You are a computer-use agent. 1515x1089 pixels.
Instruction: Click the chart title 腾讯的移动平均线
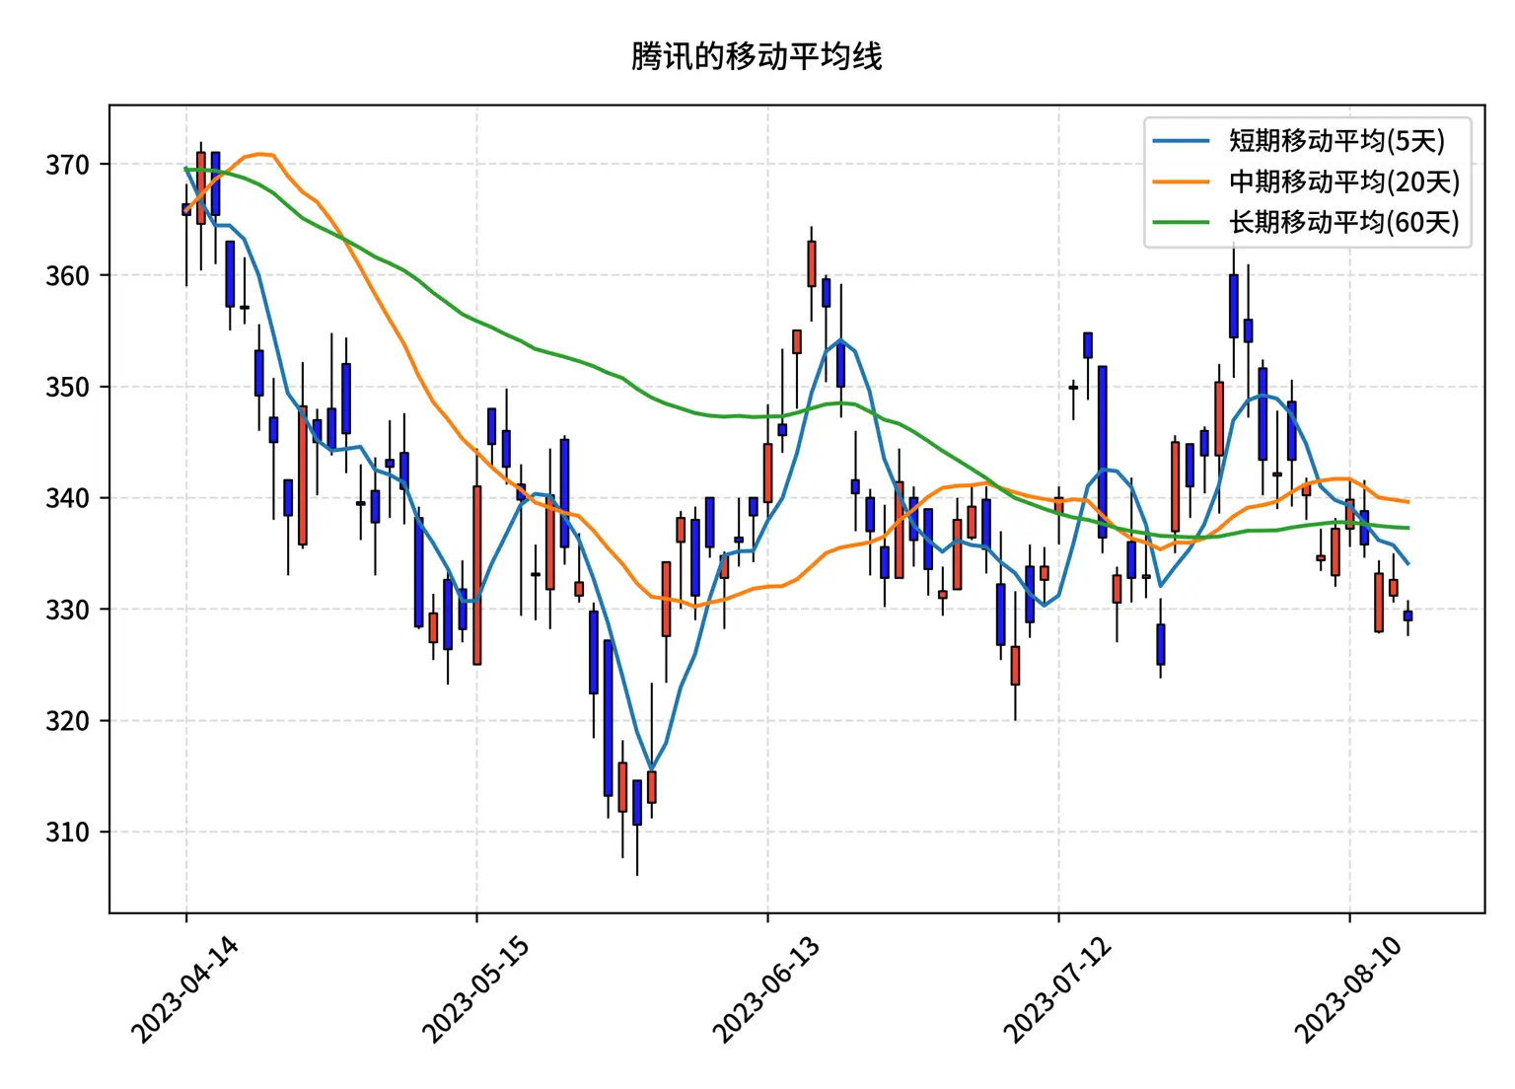(x=757, y=56)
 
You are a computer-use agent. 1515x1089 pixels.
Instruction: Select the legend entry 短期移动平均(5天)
(x=1336, y=141)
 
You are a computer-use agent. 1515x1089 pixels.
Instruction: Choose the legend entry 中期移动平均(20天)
(x=1343, y=181)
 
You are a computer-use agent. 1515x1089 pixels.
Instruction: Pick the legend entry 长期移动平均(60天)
(x=1343, y=222)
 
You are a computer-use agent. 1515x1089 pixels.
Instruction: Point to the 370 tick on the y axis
(x=67, y=165)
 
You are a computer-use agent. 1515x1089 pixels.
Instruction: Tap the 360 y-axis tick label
(x=67, y=276)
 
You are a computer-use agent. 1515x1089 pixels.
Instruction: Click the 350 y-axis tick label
(x=67, y=387)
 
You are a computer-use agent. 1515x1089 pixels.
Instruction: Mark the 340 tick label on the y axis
(x=67, y=498)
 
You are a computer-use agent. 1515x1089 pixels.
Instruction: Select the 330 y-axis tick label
(x=67, y=610)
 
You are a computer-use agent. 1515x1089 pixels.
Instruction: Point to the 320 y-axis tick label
(x=67, y=721)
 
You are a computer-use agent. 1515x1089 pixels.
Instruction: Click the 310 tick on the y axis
(x=67, y=833)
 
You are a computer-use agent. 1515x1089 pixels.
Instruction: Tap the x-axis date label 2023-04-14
(x=184, y=989)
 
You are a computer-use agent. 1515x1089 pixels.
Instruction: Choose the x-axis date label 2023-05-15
(x=475, y=989)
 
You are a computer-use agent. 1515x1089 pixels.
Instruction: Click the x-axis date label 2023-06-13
(x=766, y=989)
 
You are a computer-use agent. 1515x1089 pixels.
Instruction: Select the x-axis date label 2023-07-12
(x=1057, y=989)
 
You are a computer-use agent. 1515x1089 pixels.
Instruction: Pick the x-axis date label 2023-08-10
(x=1348, y=989)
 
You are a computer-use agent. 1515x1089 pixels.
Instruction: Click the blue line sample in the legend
(x=1181, y=141)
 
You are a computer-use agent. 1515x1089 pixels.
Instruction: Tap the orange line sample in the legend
(x=1181, y=181)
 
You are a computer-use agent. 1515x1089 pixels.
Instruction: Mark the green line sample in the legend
(x=1181, y=222)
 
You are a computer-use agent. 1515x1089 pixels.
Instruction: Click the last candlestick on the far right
(x=1407, y=616)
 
